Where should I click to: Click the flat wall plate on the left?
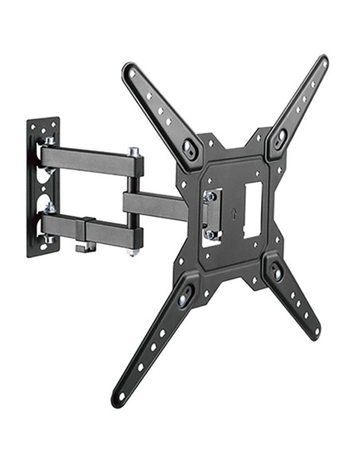tap(41, 187)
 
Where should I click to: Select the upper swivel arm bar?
tap(88, 160)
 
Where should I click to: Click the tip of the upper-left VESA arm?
tap(128, 69)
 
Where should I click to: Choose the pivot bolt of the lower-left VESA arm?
tap(186, 297)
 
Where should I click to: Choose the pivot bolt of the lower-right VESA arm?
tap(275, 272)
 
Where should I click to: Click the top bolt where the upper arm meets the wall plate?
tap(49, 142)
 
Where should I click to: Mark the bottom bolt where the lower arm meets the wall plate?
tap(49, 239)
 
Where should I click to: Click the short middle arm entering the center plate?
tap(155, 207)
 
